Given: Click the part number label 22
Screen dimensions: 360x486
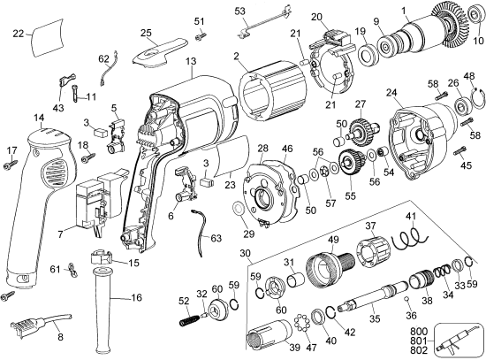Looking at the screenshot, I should (19, 34).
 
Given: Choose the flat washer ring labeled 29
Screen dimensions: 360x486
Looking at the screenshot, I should (241, 210).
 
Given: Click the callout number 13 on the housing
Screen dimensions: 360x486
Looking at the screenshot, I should (190, 61).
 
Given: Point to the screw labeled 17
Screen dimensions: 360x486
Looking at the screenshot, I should (11, 162).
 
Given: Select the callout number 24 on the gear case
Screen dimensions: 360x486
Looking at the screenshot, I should (390, 92).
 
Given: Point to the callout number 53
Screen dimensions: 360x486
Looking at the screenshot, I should (240, 11).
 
